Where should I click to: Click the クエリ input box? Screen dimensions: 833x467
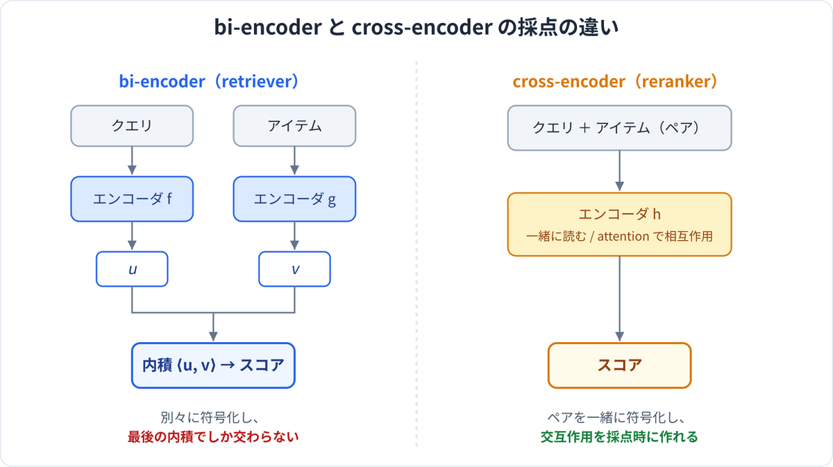click(132, 126)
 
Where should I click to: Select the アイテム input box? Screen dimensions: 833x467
click(294, 126)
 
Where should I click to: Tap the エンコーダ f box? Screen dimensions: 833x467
click(132, 199)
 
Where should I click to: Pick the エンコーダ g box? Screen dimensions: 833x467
click(294, 199)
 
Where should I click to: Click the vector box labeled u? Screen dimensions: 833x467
click(132, 269)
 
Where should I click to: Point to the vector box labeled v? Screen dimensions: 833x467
click(294, 269)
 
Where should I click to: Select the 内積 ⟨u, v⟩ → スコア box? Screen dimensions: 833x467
click(214, 366)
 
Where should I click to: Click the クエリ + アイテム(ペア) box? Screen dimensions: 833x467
click(619, 128)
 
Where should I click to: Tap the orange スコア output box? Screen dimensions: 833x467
click(619, 366)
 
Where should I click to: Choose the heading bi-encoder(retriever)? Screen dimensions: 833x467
click(209, 81)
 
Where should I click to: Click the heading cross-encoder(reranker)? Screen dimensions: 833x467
click(615, 81)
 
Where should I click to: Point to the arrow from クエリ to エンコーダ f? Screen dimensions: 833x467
click(132, 160)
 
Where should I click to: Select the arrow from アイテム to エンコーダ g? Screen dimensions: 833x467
click(294, 160)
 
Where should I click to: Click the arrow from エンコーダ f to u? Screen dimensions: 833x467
click(132, 236)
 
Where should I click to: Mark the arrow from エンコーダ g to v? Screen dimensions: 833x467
click(294, 236)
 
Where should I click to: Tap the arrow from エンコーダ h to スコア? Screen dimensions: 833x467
click(619, 299)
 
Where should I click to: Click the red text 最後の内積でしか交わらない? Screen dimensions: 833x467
click(214, 437)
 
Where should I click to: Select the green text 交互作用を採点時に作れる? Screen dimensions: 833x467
click(619, 437)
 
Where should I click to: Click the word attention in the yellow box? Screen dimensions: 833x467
click(623, 237)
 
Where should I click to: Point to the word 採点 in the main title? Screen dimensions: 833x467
click(536, 27)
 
